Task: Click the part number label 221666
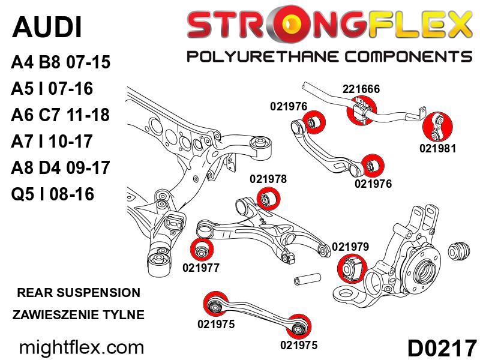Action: click(x=361, y=89)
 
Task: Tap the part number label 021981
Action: click(x=438, y=148)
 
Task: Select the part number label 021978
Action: click(x=268, y=179)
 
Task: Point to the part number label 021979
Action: click(x=350, y=246)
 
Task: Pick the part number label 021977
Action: click(x=202, y=268)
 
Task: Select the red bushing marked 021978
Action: click(x=268, y=198)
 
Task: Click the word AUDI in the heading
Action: click(x=47, y=28)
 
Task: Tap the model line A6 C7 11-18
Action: click(x=61, y=115)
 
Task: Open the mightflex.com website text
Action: click(x=82, y=347)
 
